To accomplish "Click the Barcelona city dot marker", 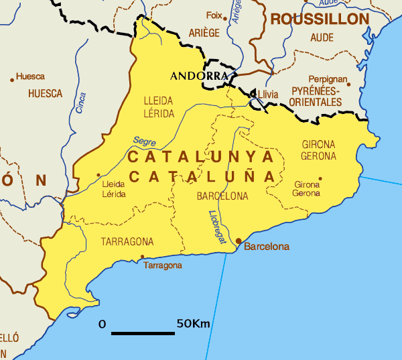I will (238, 241).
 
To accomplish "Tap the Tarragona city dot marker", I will (142, 256).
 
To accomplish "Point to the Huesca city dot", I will (12, 80).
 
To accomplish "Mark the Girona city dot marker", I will (320, 179).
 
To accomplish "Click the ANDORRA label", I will (199, 76).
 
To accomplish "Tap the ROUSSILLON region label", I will (320, 19).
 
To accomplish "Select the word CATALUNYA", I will (201, 157).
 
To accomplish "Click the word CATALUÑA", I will (203, 177).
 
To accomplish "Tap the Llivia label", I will (267, 94).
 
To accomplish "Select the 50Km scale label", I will (193, 324).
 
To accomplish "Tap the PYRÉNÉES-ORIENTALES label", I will (315, 97).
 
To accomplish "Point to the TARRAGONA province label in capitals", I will (127, 241).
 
